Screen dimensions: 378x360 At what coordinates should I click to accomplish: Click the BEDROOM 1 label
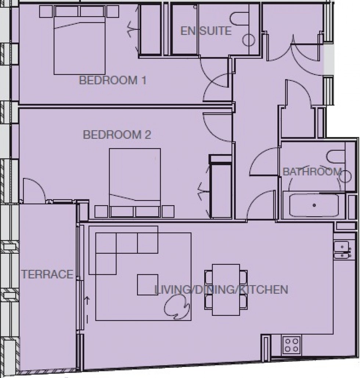(x=113, y=81)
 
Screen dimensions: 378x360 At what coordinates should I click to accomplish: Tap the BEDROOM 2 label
(x=117, y=135)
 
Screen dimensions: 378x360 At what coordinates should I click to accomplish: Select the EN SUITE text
(x=206, y=31)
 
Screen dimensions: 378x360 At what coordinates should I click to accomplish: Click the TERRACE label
(x=47, y=274)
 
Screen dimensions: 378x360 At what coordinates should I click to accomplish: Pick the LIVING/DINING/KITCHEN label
(x=221, y=289)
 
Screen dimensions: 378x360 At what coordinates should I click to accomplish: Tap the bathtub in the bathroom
(x=314, y=206)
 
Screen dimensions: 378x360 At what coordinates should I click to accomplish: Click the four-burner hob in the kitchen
(x=292, y=345)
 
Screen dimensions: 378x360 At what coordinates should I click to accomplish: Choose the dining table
(x=226, y=290)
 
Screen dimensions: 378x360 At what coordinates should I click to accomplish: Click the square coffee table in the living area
(x=148, y=285)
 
